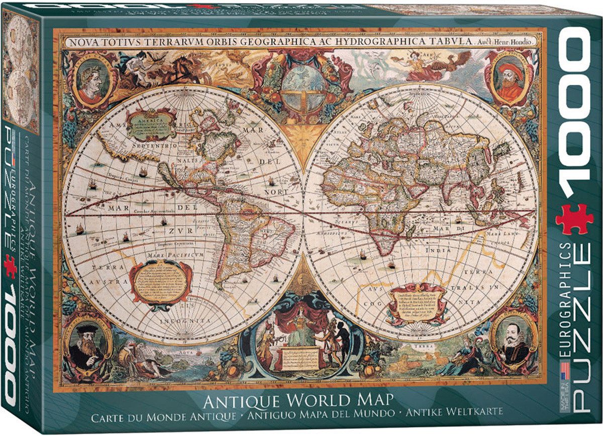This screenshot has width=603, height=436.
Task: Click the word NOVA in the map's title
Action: tap(83, 42)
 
